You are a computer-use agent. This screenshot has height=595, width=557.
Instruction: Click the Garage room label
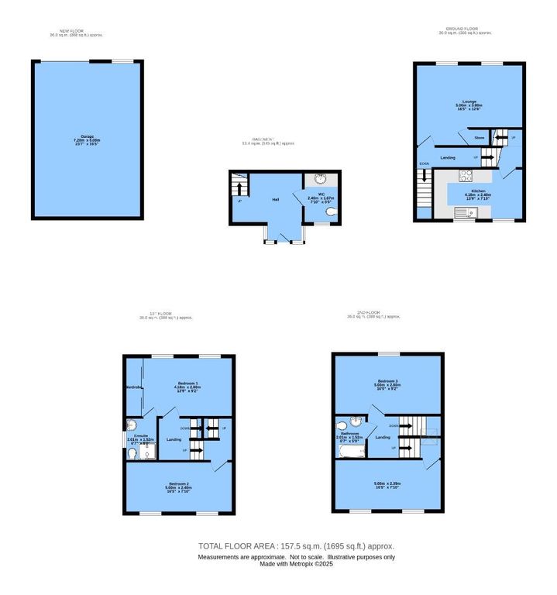[87, 136]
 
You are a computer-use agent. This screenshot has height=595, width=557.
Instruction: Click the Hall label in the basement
[275, 200]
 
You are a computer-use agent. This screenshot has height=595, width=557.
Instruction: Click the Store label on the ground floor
[479, 137]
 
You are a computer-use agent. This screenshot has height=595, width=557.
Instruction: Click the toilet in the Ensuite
[130, 424]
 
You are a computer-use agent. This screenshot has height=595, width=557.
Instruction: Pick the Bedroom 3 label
[388, 381]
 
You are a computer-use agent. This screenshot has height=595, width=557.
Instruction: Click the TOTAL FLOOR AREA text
[297, 546]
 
